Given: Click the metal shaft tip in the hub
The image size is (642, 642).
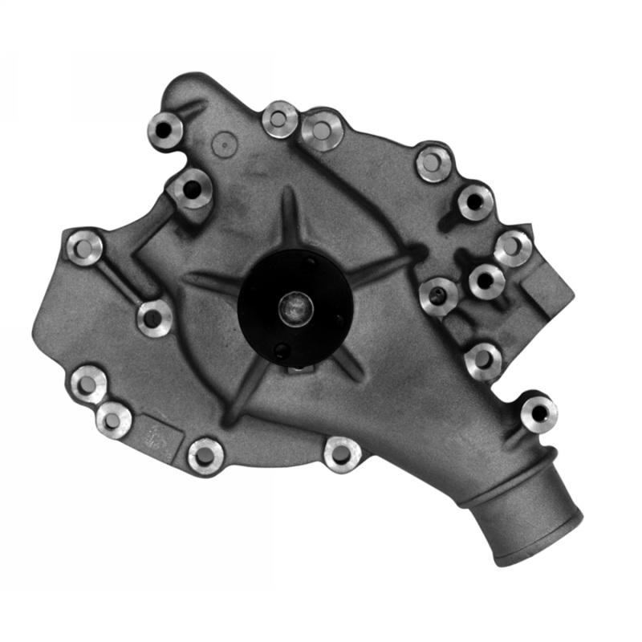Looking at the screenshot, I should coord(295,307).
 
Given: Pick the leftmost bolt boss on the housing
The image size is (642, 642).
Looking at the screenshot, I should coord(84,248).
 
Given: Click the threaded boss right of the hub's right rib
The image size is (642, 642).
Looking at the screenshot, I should coord(438,296).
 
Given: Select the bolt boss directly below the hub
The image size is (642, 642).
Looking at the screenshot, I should coord(342,454).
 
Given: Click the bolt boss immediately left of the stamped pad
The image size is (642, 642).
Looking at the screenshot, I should coord(113,419).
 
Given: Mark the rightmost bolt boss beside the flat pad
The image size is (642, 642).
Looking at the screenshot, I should coord(513,248).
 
